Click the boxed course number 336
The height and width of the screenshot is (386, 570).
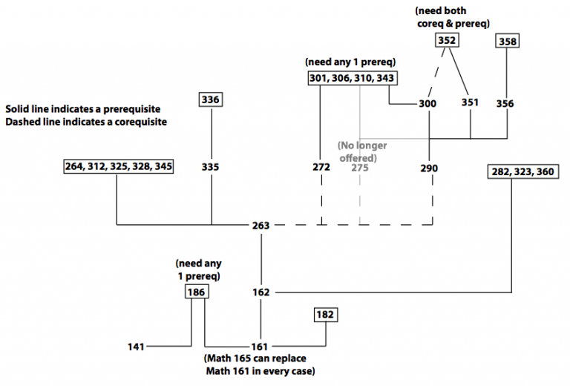point(211,99)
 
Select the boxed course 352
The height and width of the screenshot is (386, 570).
point(446,40)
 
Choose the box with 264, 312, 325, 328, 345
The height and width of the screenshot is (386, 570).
point(119,166)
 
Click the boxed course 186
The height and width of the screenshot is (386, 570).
point(196,292)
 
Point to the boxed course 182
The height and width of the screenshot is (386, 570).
point(325,315)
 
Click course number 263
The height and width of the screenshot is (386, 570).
point(261,225)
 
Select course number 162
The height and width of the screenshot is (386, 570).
point(261,292)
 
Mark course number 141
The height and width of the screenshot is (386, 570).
point(136,347)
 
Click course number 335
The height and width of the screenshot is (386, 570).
point(211,167)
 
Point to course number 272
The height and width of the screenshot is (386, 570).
point(321,168)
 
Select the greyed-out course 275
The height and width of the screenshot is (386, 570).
point(360,168)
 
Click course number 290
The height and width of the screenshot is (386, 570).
point(430,168)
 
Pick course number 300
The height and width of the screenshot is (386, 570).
point(427,104)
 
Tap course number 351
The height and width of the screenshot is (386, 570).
point(471,104)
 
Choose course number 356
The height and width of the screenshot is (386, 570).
point(505,104)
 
